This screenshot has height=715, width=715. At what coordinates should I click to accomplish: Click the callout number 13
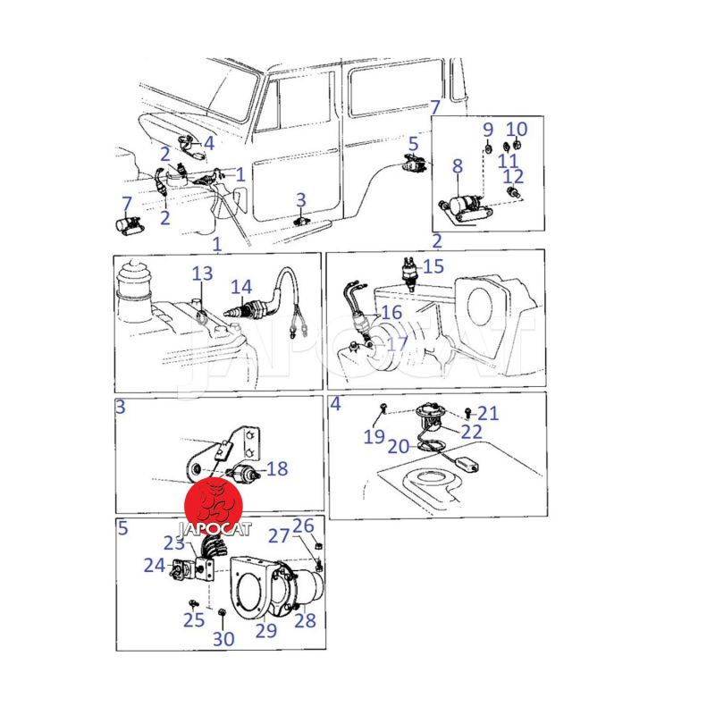tap(202, 273)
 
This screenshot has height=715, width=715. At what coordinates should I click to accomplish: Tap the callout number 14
tap(241, 287)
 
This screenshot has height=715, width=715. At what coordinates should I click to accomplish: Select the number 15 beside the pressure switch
tap(433, 266)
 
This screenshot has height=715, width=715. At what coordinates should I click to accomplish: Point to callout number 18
tap(277, 468)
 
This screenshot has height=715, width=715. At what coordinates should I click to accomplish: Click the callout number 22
tap(472, 432)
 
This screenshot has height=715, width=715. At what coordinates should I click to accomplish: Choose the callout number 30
tap(223, 639)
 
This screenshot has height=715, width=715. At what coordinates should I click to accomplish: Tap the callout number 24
tap(155, 566)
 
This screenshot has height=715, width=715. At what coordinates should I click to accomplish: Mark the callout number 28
tap(305, 620)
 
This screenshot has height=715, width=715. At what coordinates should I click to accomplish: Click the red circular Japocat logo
tap(213, 506)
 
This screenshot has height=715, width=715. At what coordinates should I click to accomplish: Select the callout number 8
tap(458, 166)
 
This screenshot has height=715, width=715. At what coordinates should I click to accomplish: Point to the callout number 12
tap(513, 176)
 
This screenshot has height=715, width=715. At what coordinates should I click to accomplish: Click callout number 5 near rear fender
tap(413, 144)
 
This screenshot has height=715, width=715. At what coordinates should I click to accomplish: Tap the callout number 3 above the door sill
tap(301, 199)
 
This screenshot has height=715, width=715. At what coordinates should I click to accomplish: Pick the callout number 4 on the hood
tap(209, 143)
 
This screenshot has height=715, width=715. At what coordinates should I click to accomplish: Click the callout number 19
tap(374, 436)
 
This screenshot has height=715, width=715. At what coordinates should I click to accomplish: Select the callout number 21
tap(488, 413)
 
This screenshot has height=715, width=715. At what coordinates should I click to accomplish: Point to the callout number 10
tap(517, 130)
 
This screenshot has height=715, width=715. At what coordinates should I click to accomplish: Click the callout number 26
tap(303, 526)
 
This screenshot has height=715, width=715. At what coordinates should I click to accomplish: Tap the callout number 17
tap(398, 344)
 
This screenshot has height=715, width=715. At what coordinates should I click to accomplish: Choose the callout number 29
tap(266, 630)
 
